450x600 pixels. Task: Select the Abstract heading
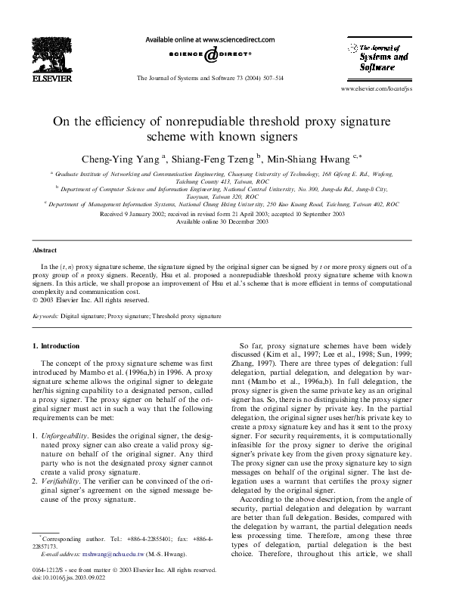[x=45, y=249]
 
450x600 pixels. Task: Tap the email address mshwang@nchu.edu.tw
[x=117, y=555]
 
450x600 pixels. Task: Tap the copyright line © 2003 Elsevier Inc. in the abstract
[x=83, y=299]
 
